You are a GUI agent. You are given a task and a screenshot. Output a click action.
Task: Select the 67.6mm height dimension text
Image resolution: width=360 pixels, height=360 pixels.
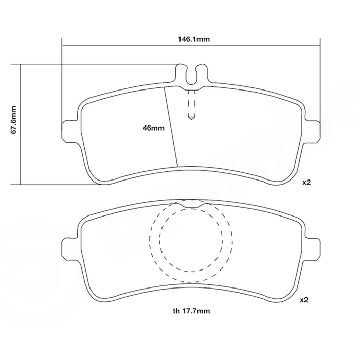[14, 120]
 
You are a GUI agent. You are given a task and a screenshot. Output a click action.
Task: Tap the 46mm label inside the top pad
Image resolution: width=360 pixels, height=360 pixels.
[154, 128]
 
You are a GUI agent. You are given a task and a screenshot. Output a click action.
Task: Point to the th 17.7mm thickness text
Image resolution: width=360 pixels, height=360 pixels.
[191, 311]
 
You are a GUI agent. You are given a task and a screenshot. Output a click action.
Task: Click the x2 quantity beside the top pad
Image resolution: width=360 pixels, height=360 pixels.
[307, 182]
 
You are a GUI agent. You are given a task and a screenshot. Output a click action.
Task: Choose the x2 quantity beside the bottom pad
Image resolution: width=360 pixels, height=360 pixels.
[304, 300]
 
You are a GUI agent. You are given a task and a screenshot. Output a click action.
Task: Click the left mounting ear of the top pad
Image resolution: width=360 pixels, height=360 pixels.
[69, 131]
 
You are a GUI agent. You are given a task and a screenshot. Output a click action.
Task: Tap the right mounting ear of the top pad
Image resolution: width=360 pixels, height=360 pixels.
[312, 131]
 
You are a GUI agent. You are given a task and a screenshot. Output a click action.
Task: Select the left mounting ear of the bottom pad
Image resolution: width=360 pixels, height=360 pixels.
[69, 249]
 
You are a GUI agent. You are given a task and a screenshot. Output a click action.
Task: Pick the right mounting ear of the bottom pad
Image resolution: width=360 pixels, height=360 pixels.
[312, 249]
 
